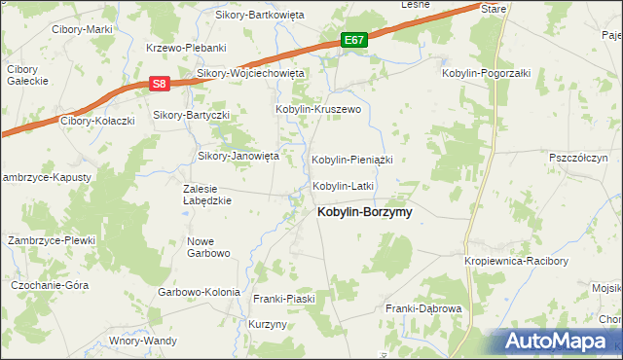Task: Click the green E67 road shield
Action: click(x=354, y=40)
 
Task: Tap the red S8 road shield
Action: click(x=161, y=85)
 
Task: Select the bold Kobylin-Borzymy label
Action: click(x=364, y=211)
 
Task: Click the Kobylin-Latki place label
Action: click(x=343, y=185)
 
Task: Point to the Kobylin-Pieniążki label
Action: click(x=350, y=159)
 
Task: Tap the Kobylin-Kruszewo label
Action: click(x=318, y=110)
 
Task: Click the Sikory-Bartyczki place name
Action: click(x=191, y=115)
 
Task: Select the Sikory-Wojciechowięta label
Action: click(x=251, y=73)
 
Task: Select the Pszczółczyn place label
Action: click(x=578, y=157)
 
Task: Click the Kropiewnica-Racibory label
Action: click(x=516, y=261)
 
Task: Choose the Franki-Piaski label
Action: click(x=284, y=299)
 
